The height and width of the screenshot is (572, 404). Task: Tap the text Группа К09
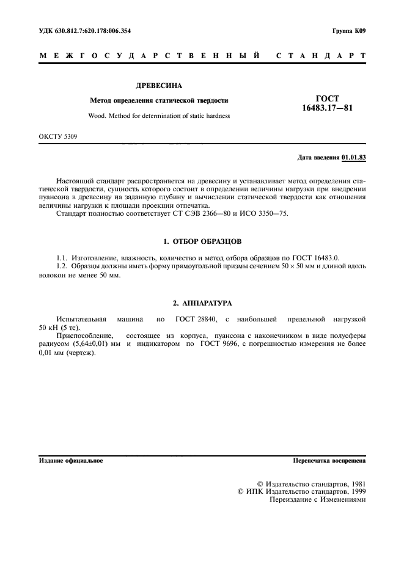[x=349, y=30]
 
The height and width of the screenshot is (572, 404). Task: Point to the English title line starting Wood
[x=160, y=115]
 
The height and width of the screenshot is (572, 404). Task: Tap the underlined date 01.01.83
[x=353, y=157]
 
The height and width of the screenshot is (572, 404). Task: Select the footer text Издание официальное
[x=71, y=461]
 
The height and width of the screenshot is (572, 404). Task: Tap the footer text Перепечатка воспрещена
[x=329, y=461]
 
